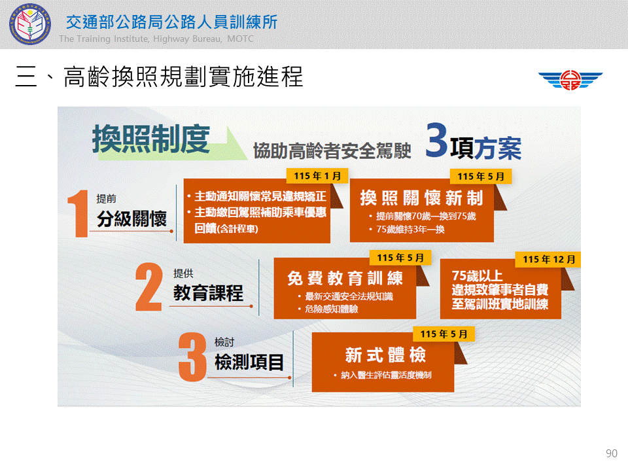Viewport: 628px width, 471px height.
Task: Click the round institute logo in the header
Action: pyautogui.click(x=30, y=24)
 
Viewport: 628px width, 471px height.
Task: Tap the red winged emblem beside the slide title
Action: pyautogui.click(x=570, y=79)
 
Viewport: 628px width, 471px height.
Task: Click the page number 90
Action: pyautogui.click(x=611, y=453)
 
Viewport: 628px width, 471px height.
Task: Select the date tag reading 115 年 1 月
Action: pyautogui.click(x=317, y=176)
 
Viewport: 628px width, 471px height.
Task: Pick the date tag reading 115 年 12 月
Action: pyautogui.click(x=549, y=260)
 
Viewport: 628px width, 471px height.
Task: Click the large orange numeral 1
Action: pyautogui.click(x=78, y=213)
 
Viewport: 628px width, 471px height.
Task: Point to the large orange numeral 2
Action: pyautogui.click(x=148, y=287)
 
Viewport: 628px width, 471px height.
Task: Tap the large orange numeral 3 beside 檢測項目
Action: pyautogui.click(x=192, y=357)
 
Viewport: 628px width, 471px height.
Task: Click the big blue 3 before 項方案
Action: pyautogui.click(x=436, y=140)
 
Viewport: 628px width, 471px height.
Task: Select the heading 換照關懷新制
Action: pyautogui.click(x=421, y=198)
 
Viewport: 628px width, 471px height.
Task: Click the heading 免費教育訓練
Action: pyautogui.click(x=345, y=278)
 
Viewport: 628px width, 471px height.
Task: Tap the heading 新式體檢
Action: pyautogui.click(x=385, y=355)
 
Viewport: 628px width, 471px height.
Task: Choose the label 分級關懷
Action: pyautogui.click(x=131, y=219)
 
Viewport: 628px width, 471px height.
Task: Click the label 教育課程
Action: pyautogui.click(x=208, y=293)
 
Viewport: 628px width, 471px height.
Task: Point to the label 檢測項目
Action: pyautogui.click(x=249, y=362)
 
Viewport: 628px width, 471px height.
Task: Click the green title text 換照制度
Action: pyautogui.click(x=151, y=139)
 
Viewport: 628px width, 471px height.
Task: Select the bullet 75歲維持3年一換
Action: pyautogui.click(x=410, y=230)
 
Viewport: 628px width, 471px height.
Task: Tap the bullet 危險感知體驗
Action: pyautogui.click(x=331, y=309)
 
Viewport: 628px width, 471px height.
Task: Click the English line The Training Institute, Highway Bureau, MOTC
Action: pyautogui.click(x=156, y=39)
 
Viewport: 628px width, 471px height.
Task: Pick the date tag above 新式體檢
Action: pyautogui.click(x=444, y=334)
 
